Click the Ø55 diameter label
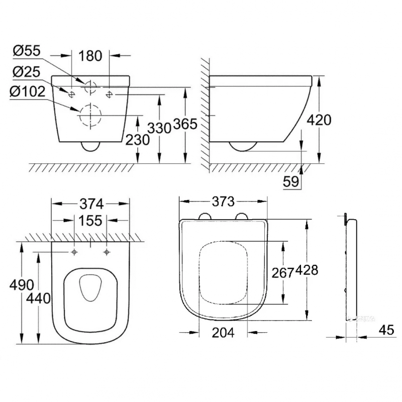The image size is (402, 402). pyautogui.click(x=27, y=51)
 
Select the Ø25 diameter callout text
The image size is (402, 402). pyautogui.click(x=27, y=72)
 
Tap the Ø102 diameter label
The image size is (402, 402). pyautogui.click(x=28, y=91)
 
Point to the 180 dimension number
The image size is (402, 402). pyautogui.click(x=90, y=56)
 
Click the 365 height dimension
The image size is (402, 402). pyautogui.click(x=185, y=124)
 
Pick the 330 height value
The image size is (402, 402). pyautogui.click(x=159, y=128)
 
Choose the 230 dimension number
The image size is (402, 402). pyautogui.click(x=137, y=140)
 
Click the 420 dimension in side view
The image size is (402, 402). pyautogui.click(x=319, y=120)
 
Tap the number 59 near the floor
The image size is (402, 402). pyautogui.click(x=291, y=181)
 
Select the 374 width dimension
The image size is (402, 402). pyautogui.click(x=91, y=205)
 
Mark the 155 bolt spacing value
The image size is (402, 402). pyautogui.click(x=90, y=221)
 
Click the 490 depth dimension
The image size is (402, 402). pyautogui.click(x=22, y=285)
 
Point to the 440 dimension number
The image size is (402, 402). pyautogui.click(x=38, y=298)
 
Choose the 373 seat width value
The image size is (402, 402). pyautogui.click(x=223, y=202)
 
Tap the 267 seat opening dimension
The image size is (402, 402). pyautogui.click(x=282, y=273)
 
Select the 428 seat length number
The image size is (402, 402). pyautogui.click(x=307, y=270)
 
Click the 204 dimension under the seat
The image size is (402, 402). pyautogui.click(x=223, y=333)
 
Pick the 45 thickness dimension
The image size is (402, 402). pyautogui.click(x=386, y=330)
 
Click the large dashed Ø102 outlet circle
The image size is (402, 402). pyautogui.click(x=90, y=115)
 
